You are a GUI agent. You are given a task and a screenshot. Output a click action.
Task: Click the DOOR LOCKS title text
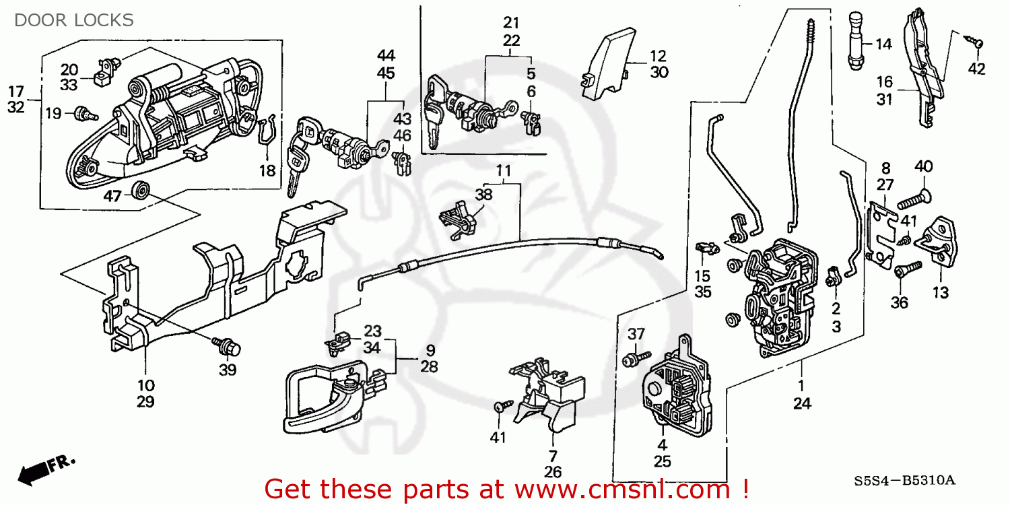click(74, 20)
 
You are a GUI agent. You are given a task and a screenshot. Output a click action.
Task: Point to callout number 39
click(228, 370)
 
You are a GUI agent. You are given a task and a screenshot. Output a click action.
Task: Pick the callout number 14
click(883, 44)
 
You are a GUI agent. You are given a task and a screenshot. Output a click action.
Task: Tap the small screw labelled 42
click(976, 42)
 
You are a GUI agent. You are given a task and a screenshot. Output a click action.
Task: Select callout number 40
click(923, 166)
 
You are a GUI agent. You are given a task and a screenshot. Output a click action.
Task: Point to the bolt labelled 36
click(904, 270)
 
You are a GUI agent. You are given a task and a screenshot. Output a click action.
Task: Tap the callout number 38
click(483, 195)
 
